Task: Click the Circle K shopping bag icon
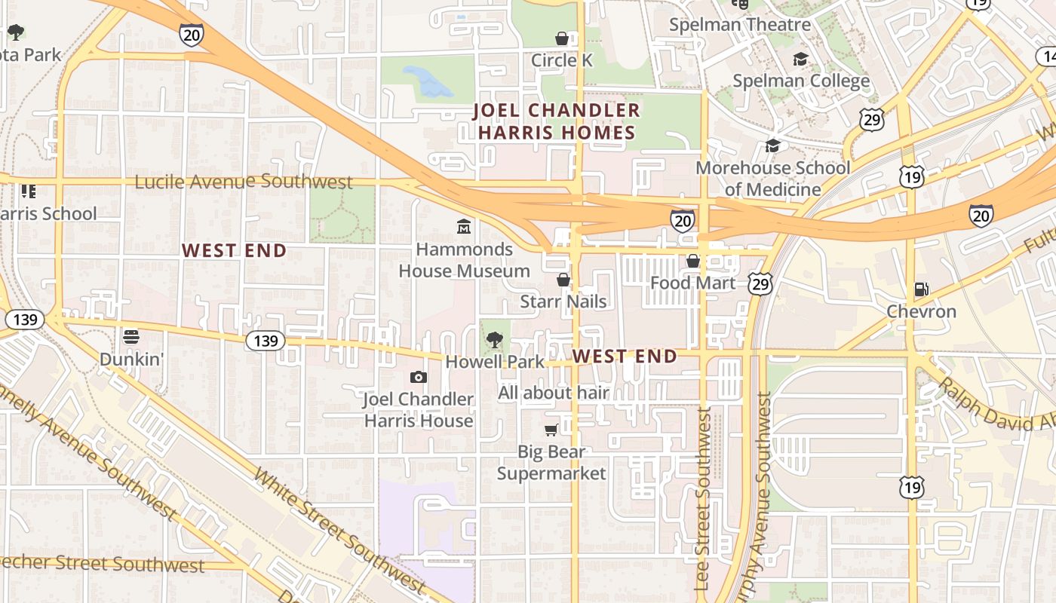pyautogui.click(x=562, y=38)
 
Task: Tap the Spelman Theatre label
pyautogui.click(x=740, y=25)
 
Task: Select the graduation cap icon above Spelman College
pyautogui.click(x=800, y=59)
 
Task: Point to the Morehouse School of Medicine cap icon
pyautogui.click(x=772, y=145)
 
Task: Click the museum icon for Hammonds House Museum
pyautogui.click(x=464, y=226)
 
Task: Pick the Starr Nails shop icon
pyautogui.click(x=563, y=280)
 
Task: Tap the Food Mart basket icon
pyautogui.click(x=692, y=261)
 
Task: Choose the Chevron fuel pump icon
pyautogui.click(x=920, y=289)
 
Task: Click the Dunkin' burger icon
pyautogui.click(x=131, y=336)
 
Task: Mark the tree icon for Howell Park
pyautogui.click(x=494, y=340)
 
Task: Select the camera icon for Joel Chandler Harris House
pyautogui.click(x=419, y=377)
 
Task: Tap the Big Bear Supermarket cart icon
pyautogui.click(x=551, y=430)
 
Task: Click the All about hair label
pyautogui.click(x=553, y=393)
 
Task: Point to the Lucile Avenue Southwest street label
pyautogui.click(x=244, y=182)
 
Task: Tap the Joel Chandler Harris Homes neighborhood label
pyautogui.click(x=556, y=121)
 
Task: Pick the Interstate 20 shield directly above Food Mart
pyautogui.click(x=682, y=220)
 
